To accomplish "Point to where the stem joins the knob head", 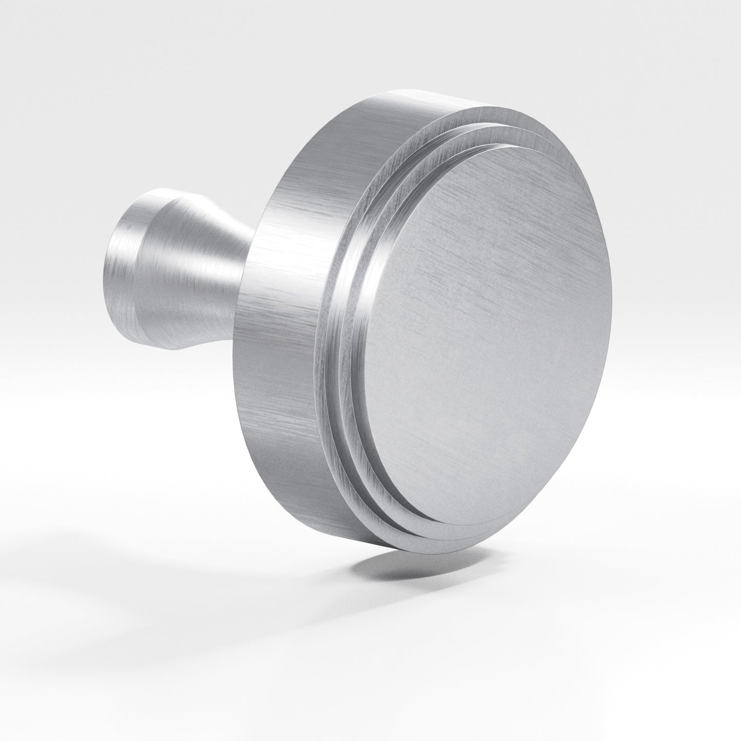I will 246,267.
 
